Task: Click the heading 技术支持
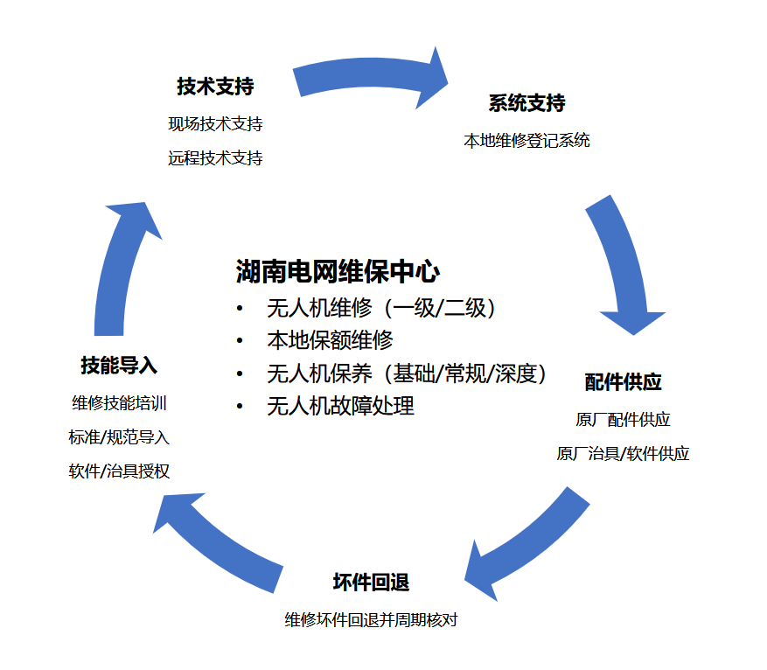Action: tap(215, 87)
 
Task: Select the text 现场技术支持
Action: tap(215, 124)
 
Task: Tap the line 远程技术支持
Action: tap(215, 158)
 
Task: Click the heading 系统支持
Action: tap(526, 104)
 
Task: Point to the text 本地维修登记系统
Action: tap(526, 140)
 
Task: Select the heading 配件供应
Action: tap(623, 383)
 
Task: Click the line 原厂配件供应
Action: tap(623, 420)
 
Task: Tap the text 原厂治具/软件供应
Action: tap(623, 454)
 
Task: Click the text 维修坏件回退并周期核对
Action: tap(371, 620)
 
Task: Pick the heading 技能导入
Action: tap(119, 366)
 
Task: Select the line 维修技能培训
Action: tap(119, 403)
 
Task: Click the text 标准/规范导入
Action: tap(119, 437)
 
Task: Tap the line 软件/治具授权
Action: tap(119, 471)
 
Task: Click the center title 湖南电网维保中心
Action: tap(338, 271)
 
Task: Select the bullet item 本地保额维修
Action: tap(330, 340)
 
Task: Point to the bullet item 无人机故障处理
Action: tap(340, 406)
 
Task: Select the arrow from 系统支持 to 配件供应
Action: tap(621, 262)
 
